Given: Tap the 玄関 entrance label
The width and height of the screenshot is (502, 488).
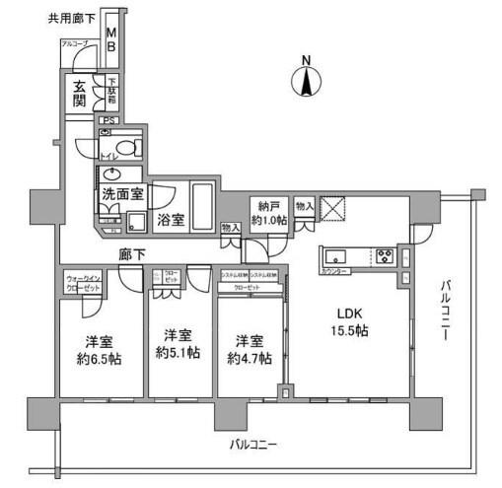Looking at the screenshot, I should [x=79, y=95].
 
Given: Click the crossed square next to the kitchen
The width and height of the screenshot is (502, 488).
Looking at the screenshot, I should [x=335, y=209].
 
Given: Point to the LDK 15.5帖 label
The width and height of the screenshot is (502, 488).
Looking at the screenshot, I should [x=349, y=324].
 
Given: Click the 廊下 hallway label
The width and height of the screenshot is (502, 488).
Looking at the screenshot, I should [x=132, y=254].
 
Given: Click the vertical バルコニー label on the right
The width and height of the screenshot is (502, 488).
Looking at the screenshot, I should [x=444, y=311].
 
